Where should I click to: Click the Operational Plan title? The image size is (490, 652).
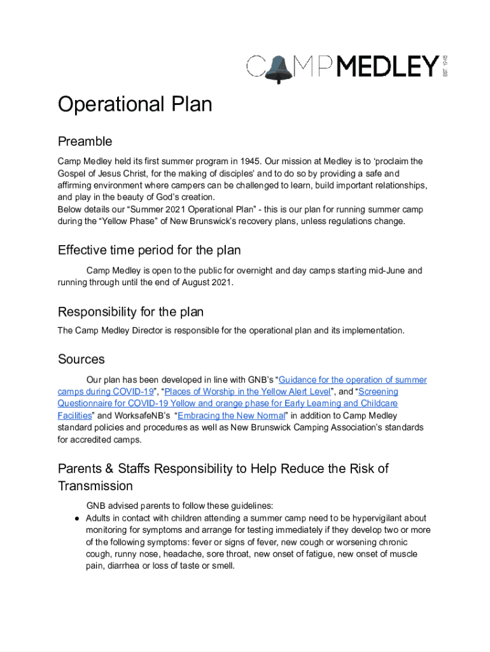coord(135,104)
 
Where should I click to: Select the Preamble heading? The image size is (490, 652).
coord(85,141)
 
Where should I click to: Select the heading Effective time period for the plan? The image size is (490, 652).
coord(149,250)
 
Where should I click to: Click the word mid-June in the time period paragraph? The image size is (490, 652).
coord(384,271)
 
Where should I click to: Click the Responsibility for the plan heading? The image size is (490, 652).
coord(130,312)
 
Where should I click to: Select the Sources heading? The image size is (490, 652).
coord(81,360)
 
